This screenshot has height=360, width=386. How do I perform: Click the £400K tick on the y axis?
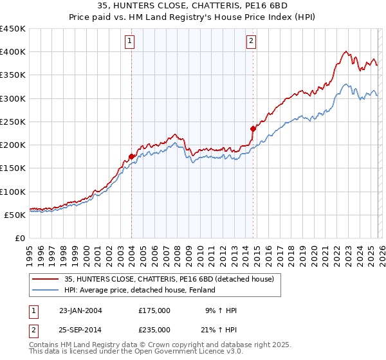13,52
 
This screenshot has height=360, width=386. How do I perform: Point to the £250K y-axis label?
13,122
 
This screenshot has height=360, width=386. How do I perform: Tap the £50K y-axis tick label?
15,215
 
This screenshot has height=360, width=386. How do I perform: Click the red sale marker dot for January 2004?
131,156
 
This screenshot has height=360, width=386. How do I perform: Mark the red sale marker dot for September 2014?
253,129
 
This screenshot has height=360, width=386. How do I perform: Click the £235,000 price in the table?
154,329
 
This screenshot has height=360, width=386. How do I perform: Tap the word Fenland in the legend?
201,290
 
